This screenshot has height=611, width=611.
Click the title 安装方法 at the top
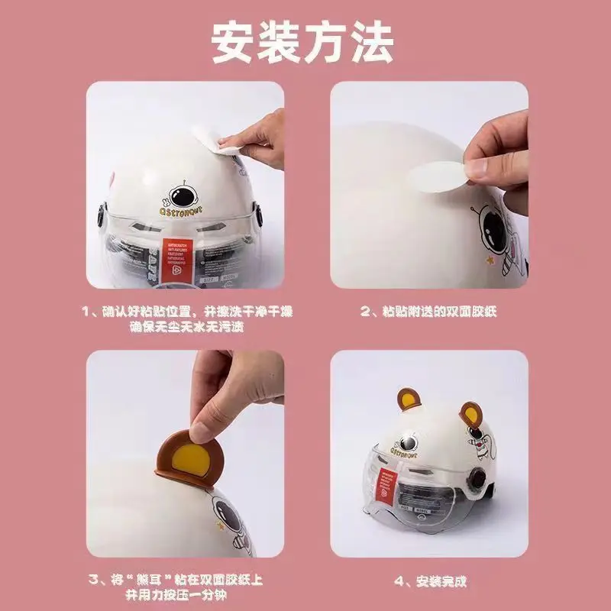(303, 43)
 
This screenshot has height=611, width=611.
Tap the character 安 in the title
(234, 43)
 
